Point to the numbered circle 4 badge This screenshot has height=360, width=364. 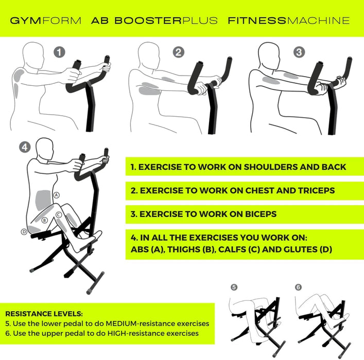pos(24,147)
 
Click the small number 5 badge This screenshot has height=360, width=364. pos(234,287)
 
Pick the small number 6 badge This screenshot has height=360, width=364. pos(299,287)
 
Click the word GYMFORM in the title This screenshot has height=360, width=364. pos(45,21)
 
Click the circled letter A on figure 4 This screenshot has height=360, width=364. pos(57,195)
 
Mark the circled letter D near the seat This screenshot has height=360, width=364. pos(24,232)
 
